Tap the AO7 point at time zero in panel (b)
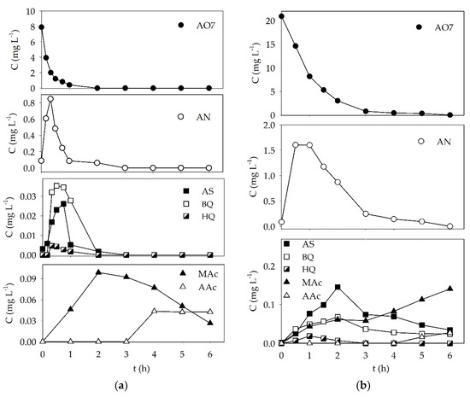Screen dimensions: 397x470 coord(281,16)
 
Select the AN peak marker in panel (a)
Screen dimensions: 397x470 coord(50,99)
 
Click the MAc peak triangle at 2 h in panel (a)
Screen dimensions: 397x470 coord(98,272)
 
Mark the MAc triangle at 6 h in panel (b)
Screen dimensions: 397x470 coord(449,289)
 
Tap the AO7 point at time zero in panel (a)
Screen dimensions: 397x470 coord(42,27)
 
